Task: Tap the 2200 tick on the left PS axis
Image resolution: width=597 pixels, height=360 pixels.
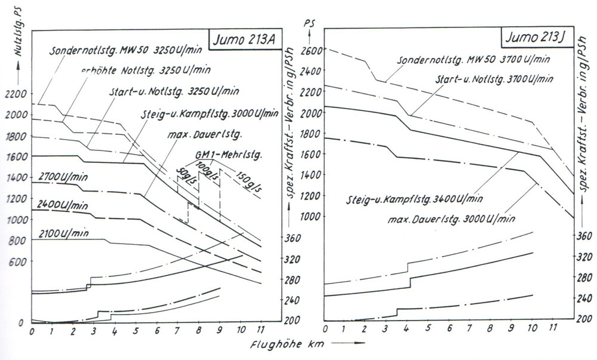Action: coord(14,94)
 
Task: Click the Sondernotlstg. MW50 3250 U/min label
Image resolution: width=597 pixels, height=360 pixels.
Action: coord(119,51)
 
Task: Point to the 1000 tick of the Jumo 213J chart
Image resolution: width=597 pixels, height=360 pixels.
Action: coord(312,216)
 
